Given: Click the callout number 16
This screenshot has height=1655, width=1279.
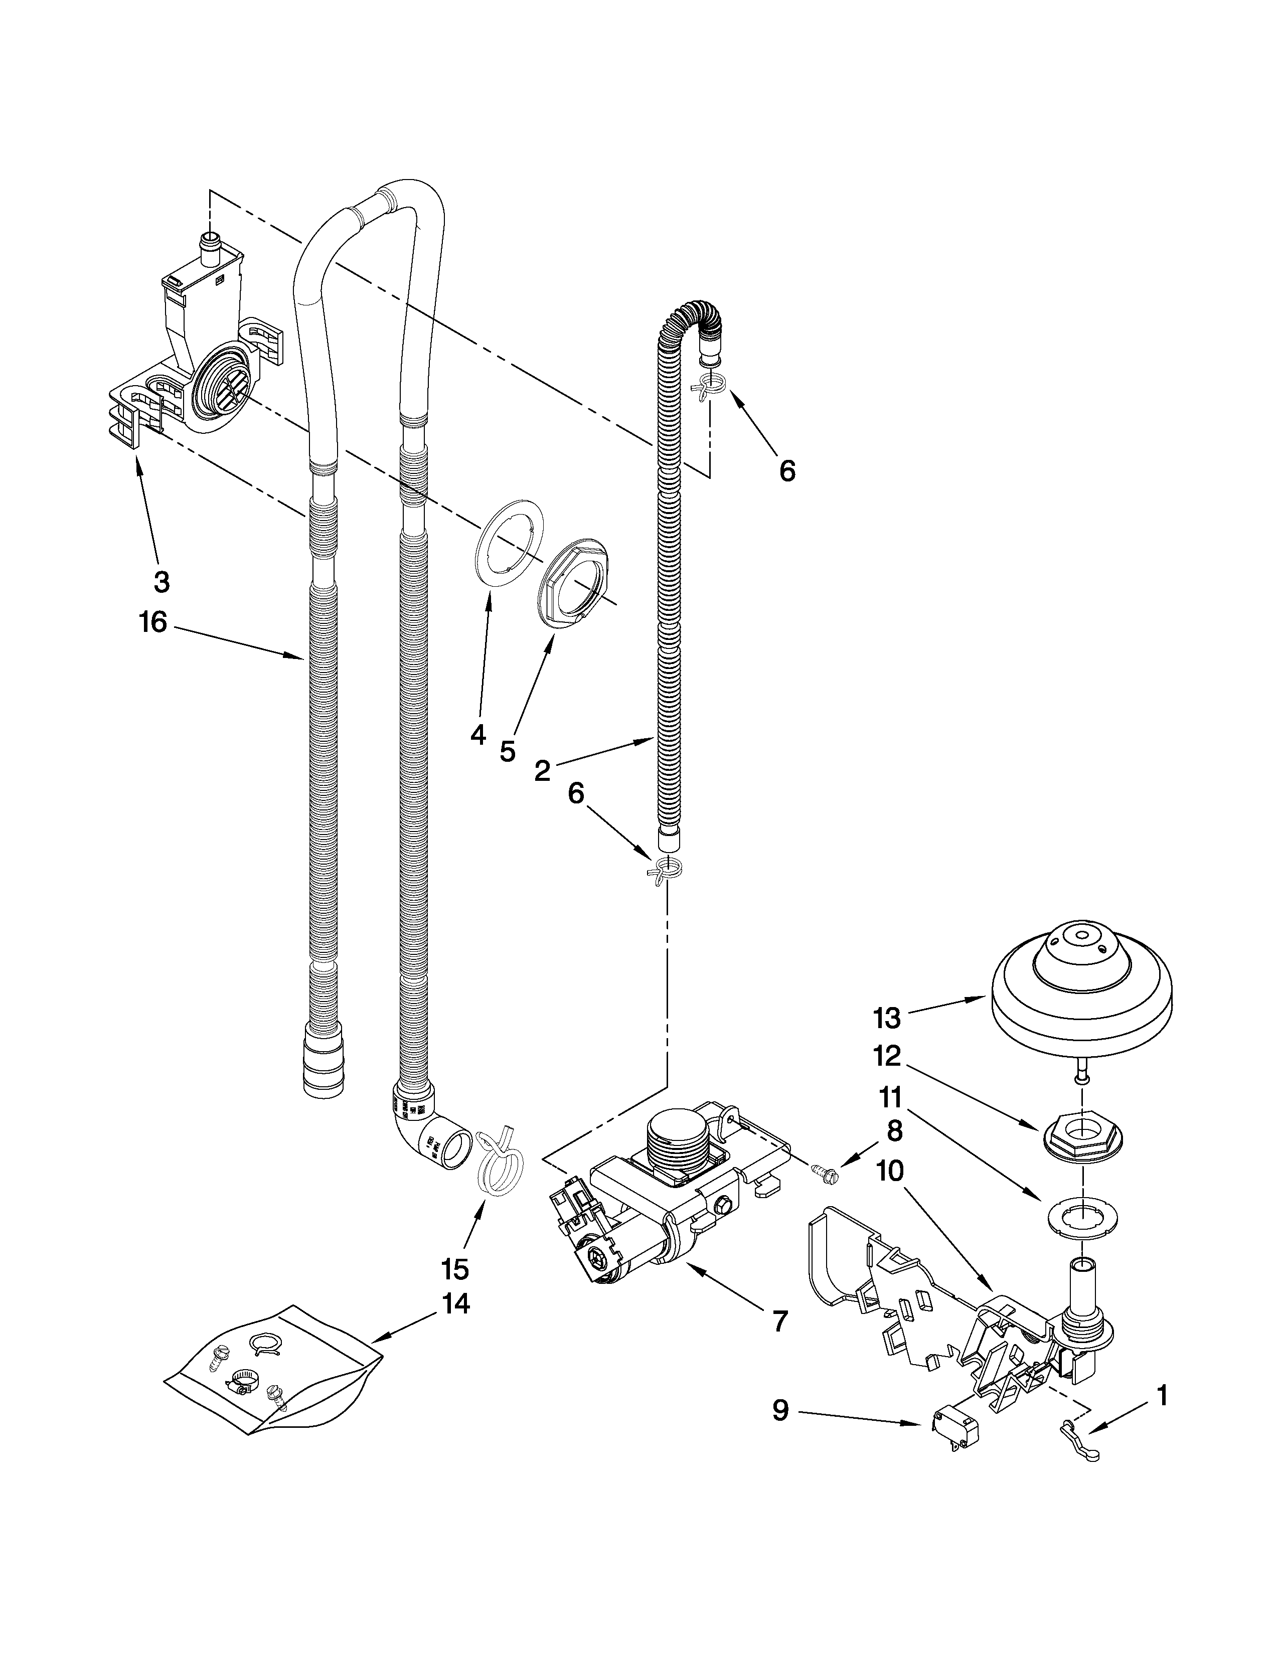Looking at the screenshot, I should point(152,623).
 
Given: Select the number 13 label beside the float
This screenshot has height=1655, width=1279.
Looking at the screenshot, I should point(886,1019).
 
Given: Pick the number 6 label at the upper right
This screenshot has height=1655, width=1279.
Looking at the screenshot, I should point(787,471).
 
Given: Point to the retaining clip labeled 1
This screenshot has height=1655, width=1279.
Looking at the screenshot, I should point(1078,1431).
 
